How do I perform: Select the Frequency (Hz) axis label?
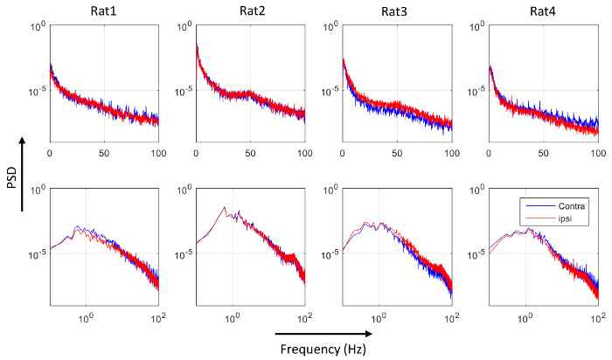[x=322, y=349]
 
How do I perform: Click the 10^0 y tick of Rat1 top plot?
[x=37, y=27]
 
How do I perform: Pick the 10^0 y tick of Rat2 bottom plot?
[x=184, y=190]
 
